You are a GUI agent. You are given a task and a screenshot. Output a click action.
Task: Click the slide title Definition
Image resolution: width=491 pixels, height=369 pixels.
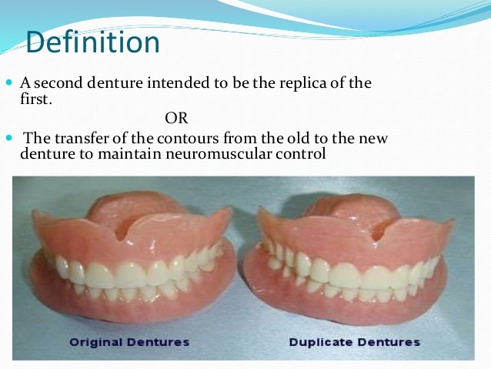92,42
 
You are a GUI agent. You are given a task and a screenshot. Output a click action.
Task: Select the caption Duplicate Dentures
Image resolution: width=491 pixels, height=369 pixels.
355,341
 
